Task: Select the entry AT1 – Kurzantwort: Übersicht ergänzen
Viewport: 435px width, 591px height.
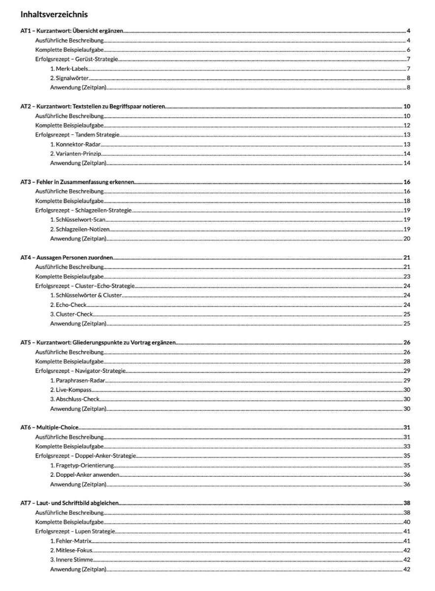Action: (72, 31)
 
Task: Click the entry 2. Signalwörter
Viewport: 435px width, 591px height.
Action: (69, 78)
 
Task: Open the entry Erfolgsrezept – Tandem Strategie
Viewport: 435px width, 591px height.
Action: (78, 134)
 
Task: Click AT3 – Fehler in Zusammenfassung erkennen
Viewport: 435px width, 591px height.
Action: (77, 182)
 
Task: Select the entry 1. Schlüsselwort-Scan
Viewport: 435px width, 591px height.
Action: (78, 220)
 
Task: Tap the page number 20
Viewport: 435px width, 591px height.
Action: (407, 238)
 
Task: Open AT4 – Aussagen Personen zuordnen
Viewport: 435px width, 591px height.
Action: (67, 257)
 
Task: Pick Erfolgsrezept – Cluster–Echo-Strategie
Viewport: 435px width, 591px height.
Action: (85, 286)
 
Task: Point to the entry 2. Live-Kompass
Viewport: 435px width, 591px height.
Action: (71, 390)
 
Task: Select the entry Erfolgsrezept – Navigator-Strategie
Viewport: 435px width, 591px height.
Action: (81, 370)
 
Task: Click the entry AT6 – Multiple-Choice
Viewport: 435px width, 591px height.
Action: (49, 427)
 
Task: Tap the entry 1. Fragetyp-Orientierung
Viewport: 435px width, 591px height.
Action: (82, 465)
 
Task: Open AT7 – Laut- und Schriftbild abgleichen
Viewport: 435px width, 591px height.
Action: (69, 503)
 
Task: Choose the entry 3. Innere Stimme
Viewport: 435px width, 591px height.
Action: (71, 559)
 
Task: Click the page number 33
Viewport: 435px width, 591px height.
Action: (407, 446)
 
